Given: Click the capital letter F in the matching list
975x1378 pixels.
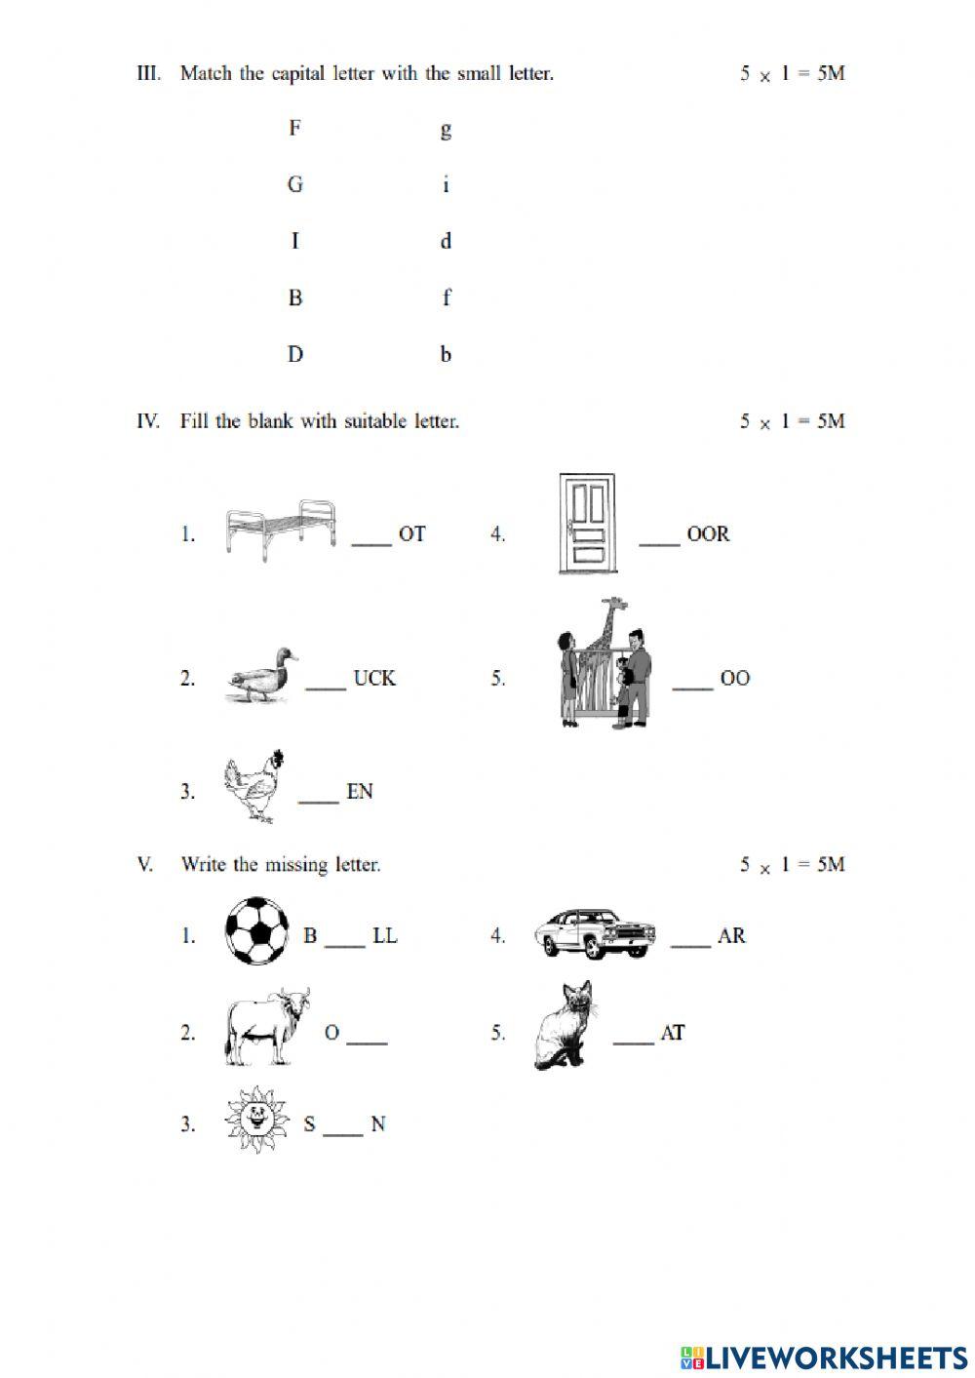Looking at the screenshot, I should point(294,128).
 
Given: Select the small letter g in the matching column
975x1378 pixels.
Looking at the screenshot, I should point(446,130).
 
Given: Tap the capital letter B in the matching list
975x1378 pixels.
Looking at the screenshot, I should point(295,297).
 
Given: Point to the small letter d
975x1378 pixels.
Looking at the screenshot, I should point(446,241).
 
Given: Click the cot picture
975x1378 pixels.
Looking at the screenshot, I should point(281,532).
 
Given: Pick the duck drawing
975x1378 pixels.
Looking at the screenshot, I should point(260,675).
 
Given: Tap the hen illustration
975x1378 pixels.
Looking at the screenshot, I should point(255,786).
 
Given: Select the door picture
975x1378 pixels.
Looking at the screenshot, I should point(586,524).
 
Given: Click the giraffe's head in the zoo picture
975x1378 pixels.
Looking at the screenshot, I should point(611,606).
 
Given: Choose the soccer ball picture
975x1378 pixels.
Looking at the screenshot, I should point(257,930).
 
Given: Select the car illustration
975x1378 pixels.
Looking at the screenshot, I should point(594,933).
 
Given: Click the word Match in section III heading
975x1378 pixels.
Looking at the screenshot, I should point(206,73).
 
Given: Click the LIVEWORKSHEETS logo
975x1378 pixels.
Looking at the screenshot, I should point(824,1357).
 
